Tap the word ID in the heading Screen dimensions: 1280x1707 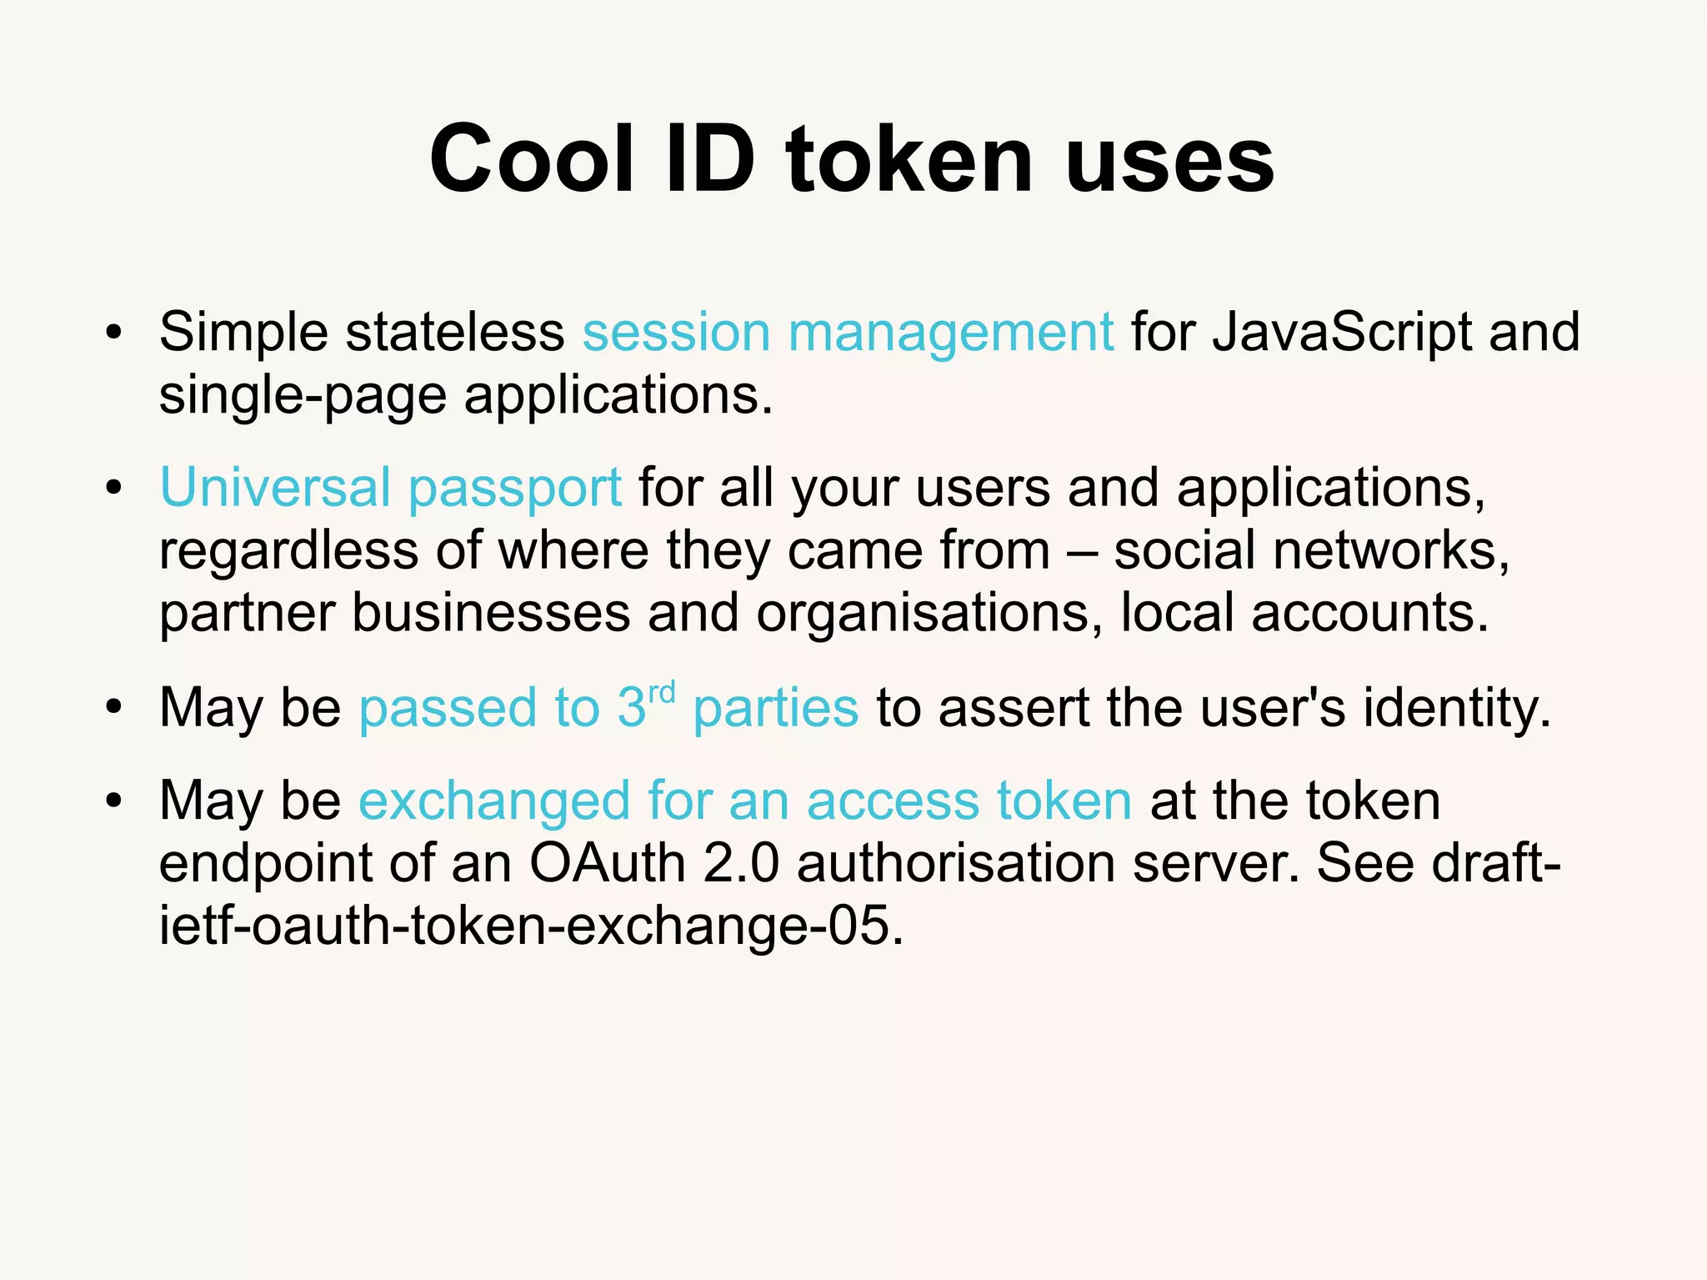point(710,158)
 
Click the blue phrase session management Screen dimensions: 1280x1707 point(847,332)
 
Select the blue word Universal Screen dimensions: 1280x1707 point(275,487)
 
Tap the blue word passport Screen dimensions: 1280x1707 point(515,489)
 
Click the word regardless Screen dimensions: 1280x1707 point(288,551)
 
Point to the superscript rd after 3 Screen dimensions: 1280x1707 point(662,691)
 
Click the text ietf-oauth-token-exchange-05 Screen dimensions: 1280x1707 point(530,926)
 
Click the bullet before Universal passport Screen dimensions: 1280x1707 point(114,489)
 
